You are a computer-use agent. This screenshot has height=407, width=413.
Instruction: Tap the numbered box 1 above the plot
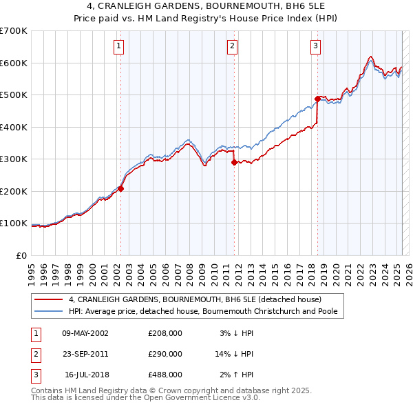point(119,46)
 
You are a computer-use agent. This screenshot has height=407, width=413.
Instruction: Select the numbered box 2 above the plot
point(233,46)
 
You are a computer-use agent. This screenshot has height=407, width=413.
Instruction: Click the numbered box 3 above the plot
point(315,46)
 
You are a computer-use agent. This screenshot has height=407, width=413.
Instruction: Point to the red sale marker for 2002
point(120,188)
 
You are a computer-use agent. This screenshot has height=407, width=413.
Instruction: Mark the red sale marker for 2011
point(234,162)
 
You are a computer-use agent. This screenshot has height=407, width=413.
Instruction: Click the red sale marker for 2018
point(317,99)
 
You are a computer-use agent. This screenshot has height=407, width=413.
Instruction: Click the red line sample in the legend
point(49,299)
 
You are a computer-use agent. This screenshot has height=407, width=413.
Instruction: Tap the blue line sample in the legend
point(49,311)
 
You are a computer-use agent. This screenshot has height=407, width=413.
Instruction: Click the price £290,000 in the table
point(165,354)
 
